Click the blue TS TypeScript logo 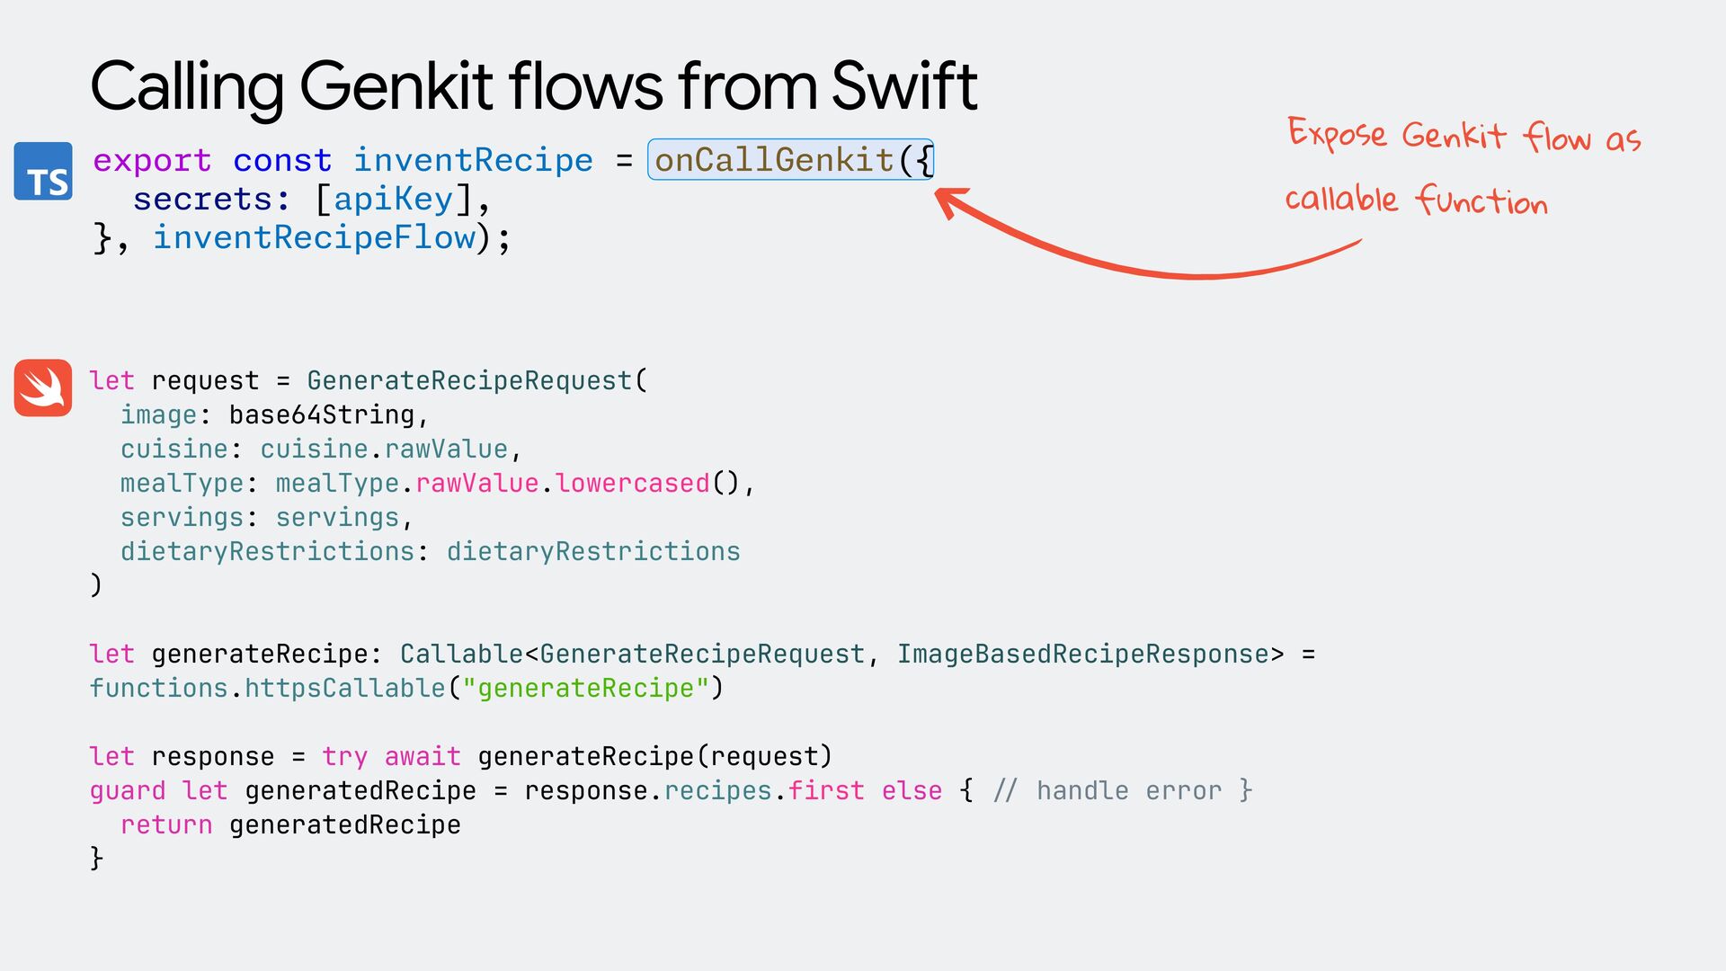tap(43, 171)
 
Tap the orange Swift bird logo tap(43, 388)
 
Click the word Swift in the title tap(903, 86)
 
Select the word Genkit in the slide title tap(396, 86)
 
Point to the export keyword tap(152, 160)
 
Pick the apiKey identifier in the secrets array tap(394, 199)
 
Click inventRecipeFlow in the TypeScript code tap(314, 237)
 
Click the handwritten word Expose tap(1337, 134)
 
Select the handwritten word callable tap(1341, 199)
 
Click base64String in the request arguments tap(322, 414)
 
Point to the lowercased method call tap(632, 483)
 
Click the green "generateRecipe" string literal tap(586, 688)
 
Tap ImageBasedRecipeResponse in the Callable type tap(1082, 654)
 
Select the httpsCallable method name tap(345, 688)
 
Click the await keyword tap(423, 756)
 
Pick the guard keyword tap(128, 790)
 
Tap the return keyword tap(166, 824)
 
